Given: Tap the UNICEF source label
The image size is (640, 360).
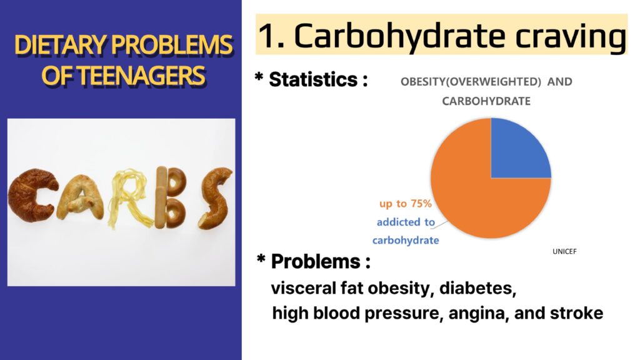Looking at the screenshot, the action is (x=564, y=251).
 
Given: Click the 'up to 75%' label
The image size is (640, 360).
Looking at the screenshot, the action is (x=405, y=203).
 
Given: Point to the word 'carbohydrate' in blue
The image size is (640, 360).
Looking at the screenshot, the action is (x=405, y=240).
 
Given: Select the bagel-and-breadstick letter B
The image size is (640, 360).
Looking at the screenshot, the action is (x=170, y=197).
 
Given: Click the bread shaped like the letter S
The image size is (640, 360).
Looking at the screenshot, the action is (x=215, y=197).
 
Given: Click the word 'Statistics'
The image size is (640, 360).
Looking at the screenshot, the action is (x=313, y=79).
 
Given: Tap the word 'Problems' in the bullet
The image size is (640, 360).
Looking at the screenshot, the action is (x=316, y=261).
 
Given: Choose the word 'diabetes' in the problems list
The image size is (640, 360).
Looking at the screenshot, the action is (x=477, y=288).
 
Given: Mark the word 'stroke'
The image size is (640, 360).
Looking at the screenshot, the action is (x=576, y=313).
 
